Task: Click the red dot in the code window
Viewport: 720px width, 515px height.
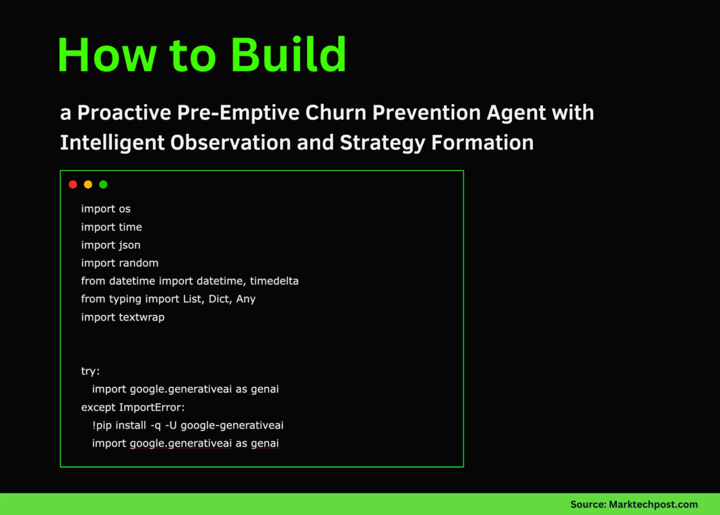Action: pos(73,184)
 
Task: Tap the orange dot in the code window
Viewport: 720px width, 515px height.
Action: pos(88,184)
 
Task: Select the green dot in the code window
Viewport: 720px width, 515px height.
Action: pos(103,184)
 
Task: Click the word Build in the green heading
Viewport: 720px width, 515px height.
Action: pos(289,55)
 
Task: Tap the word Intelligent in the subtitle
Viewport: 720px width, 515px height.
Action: pos(113,142)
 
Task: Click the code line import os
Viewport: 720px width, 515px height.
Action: pos(106,209)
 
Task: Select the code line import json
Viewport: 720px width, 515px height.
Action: pos(111,245)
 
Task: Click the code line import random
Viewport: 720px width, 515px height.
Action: pos(120,263)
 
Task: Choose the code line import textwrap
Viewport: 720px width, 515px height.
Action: pos(123,317)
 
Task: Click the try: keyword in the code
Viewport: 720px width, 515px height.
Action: pos(90,371)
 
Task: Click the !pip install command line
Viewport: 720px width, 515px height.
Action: pos(188,425)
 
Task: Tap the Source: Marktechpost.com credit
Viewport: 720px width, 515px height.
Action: pos(634,505)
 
